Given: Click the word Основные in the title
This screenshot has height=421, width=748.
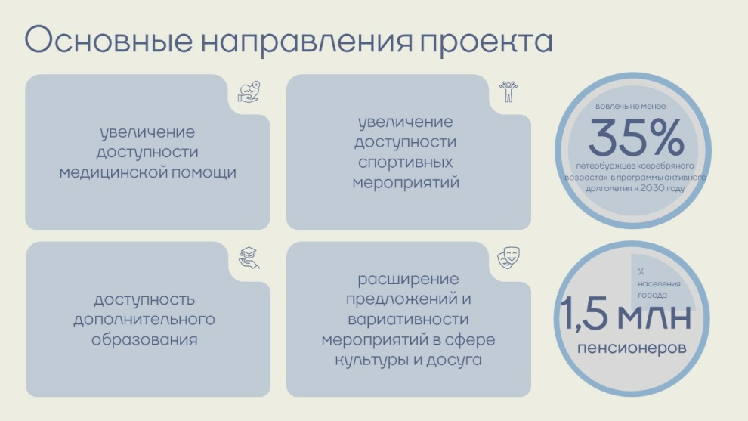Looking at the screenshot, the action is click(x=108, y=40).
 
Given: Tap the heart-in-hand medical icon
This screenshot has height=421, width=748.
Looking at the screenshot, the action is click(x=249, y=92).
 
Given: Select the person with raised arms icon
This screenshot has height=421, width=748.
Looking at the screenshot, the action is click(x=508, y=91).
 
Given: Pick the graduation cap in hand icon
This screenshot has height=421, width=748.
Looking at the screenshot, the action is click(x=249, y=258).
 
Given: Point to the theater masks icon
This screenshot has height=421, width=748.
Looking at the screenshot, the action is click(x=508, y=258).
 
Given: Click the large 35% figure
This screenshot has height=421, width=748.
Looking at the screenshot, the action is click(x=636, y=138).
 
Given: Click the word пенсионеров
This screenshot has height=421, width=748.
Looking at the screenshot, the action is click(x=632, y=348).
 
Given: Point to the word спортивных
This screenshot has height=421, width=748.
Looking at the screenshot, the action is click(x=406, y=163).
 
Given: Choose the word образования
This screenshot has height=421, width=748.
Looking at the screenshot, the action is click(x=144, y=340).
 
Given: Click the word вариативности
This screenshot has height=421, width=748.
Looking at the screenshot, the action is click(x=408, y=319).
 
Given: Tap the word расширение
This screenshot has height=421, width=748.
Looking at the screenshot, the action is click(x=408, y=279).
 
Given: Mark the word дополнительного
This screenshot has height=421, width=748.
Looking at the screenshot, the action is click(x=144, y=319).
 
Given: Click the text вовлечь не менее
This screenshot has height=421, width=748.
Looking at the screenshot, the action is click(x=630, y=106).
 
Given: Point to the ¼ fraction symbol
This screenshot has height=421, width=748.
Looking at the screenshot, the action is click(x=641, y=271).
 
